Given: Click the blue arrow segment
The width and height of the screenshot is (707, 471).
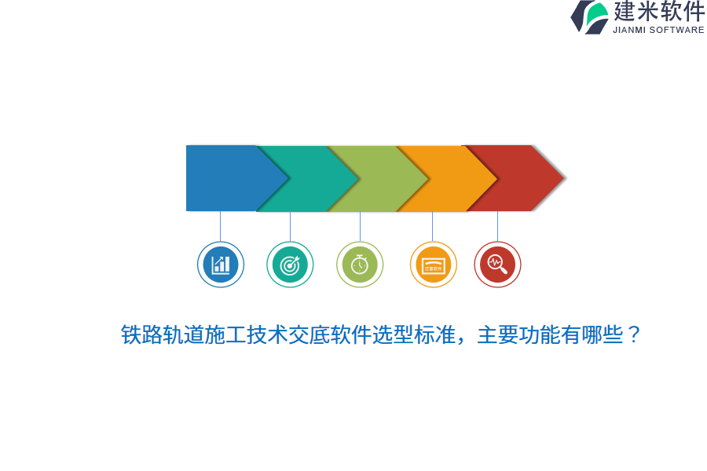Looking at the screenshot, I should click(224, 178).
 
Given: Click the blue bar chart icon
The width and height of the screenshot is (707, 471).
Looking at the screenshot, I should click(221, 265).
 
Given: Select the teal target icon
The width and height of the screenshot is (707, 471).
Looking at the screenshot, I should click(290, 265).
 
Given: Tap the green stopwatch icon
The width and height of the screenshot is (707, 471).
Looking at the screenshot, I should click(360, 265).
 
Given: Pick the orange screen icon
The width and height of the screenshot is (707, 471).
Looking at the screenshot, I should click(433, 265).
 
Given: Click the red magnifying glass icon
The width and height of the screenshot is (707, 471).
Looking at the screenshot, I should click(497, 265).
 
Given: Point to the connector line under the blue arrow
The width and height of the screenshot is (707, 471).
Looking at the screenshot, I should click(221, 226).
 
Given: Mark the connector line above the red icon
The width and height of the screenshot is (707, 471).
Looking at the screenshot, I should click(497, 226).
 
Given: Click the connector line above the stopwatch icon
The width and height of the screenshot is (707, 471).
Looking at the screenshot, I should click(360, 226).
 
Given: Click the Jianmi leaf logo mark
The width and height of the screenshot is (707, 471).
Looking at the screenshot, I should click(591, 16).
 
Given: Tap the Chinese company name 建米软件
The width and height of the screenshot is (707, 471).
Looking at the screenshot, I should click(659, 12).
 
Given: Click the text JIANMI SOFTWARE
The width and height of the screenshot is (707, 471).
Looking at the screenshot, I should click(658, 30).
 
